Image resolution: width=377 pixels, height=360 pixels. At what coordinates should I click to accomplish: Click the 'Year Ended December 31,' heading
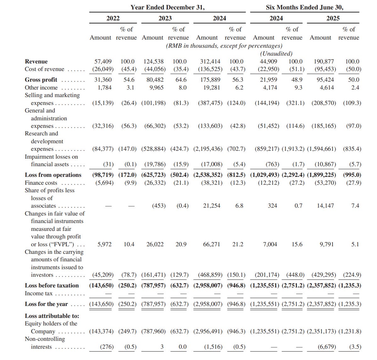167,7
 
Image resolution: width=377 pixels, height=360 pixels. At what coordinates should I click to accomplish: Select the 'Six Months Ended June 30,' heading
304,7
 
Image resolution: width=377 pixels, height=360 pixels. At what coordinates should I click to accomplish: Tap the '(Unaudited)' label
276,53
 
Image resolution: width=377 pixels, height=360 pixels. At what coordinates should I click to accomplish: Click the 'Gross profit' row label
41,80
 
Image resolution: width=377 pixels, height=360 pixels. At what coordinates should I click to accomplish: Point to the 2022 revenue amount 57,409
103,62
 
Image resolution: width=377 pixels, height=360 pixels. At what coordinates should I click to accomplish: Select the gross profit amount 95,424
325,80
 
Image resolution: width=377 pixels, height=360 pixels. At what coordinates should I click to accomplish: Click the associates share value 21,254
212,206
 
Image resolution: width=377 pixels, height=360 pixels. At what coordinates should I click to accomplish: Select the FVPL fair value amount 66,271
212,244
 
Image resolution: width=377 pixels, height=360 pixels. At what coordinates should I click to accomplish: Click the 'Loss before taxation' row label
52,286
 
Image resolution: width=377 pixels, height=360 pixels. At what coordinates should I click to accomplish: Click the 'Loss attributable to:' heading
52,316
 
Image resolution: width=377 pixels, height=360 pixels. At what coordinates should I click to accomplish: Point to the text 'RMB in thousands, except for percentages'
224,46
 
